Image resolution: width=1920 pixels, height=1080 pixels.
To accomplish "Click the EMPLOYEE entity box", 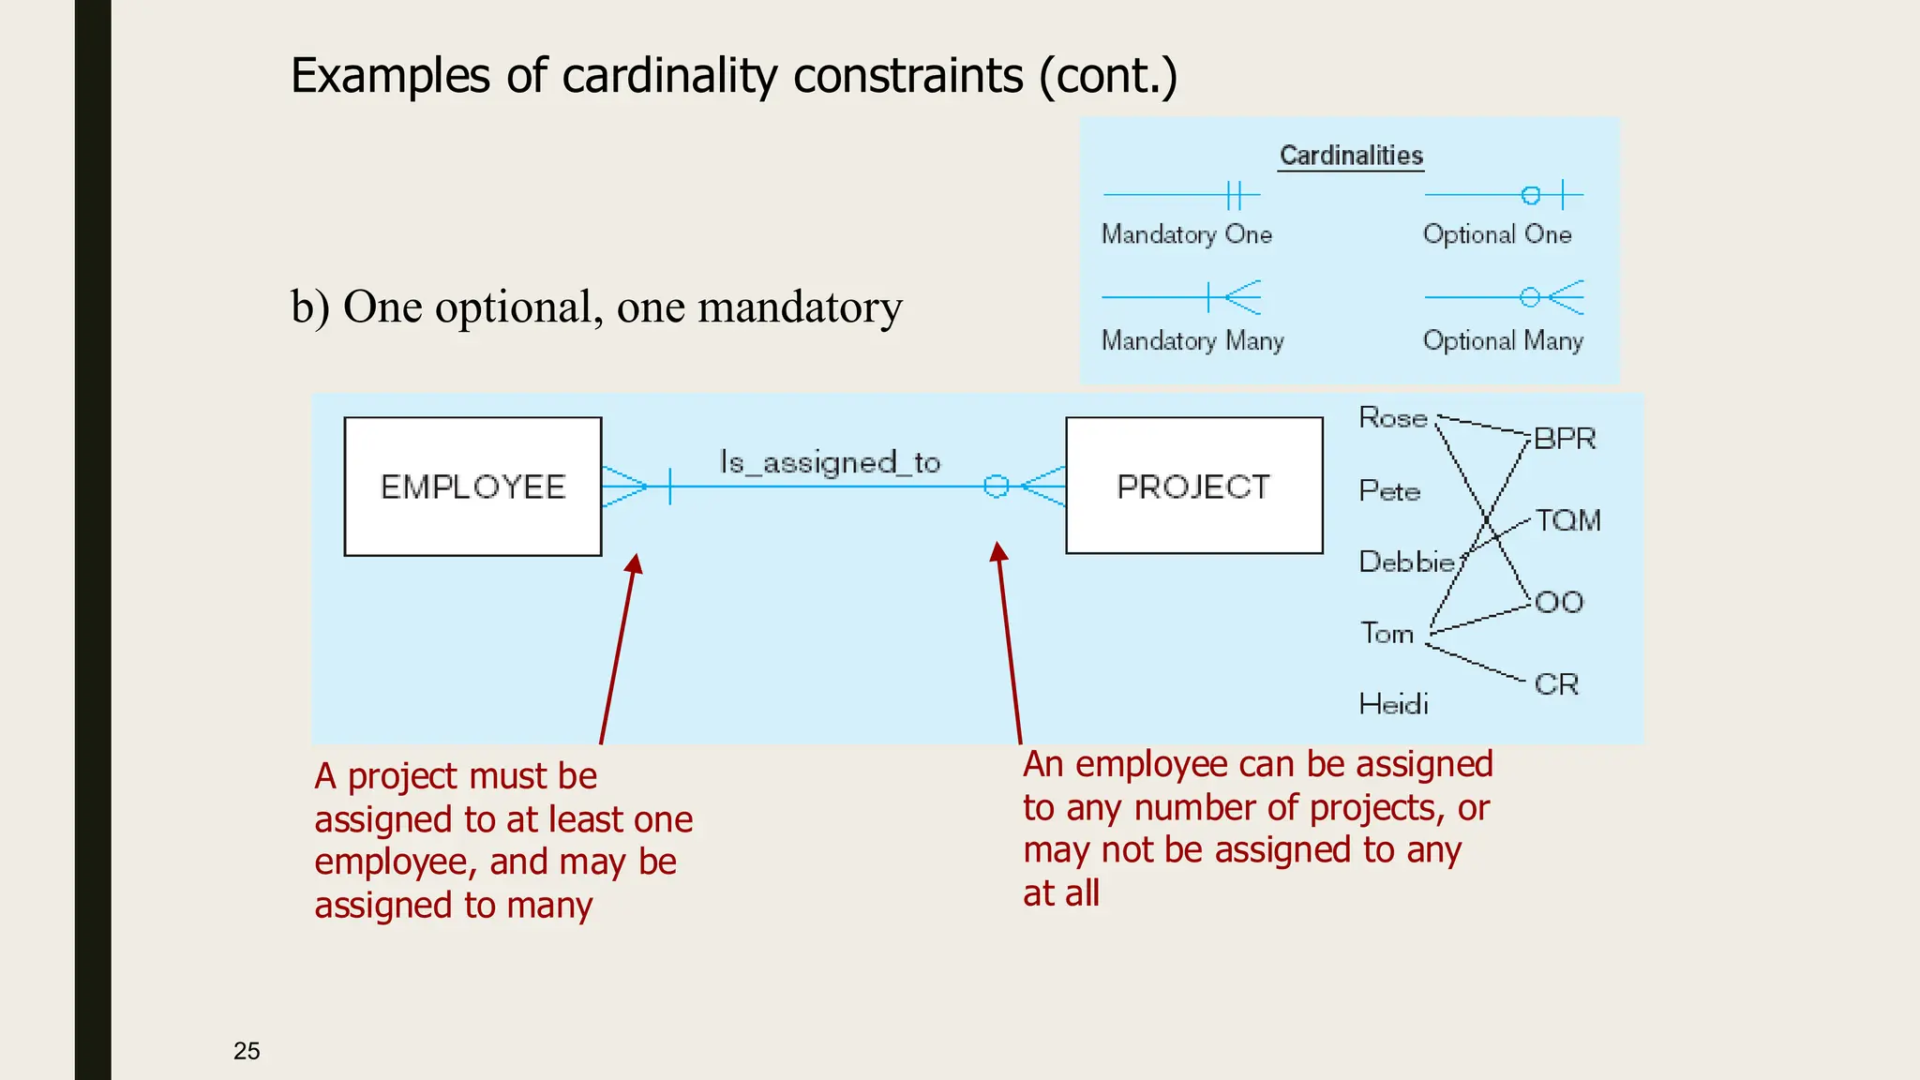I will click(x=472, y=487).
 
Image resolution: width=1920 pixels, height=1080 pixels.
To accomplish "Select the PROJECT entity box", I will click(x=1193, y=486).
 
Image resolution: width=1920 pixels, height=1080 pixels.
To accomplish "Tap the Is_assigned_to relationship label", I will click(x=830, y=462).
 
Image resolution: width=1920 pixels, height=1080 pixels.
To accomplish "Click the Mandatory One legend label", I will click(x=1186, y=234).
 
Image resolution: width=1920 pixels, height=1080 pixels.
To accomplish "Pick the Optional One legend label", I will click(x=1496, y=234).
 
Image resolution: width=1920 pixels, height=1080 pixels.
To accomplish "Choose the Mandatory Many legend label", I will click(x=1192, y=340).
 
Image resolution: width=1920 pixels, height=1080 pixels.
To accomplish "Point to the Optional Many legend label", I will click(x=1502, y=340).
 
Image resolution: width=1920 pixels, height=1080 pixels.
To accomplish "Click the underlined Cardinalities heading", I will click(x=1351, y=156).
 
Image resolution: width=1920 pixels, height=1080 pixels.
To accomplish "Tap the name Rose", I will click(x=1393, y=418).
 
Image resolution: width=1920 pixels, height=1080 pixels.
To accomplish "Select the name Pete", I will click(x=1389, y=491).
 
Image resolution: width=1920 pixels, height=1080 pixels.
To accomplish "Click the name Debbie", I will click(x=1406, y=562).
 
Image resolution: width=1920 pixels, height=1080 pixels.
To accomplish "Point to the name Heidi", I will click(x=1394, y=704).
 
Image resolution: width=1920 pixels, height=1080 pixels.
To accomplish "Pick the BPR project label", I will click(x=1564, y=439).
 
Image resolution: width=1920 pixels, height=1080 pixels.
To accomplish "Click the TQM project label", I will click(x=1567, y=520).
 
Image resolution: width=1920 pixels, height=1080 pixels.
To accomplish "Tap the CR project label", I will click(x=1556, y=684).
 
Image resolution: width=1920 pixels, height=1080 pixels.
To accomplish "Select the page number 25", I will click(x=247, y=1051).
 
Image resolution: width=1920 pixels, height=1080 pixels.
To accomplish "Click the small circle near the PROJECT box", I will click(x=996, y=486).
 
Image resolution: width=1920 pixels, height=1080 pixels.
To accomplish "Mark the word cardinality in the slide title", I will click(x=669, y=76).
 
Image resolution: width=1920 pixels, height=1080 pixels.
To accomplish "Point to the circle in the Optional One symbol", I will click(x=1530, y=195).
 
